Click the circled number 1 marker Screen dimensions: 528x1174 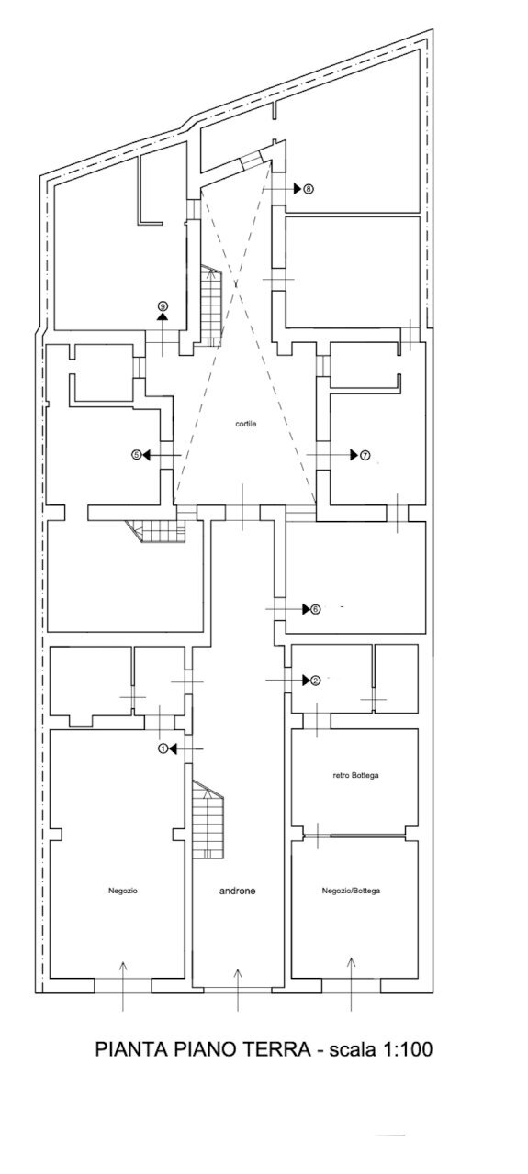coord(163,749)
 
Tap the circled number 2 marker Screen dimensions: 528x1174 coord(316,681)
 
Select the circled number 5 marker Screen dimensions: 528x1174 coord(136,455)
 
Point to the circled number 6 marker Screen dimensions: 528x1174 coord(316,609)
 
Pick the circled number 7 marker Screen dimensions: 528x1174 coord(365,456)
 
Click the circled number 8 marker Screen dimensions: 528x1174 coord(309,189)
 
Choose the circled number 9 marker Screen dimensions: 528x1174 coord(163,305)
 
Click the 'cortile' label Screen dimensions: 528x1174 coord(245,424)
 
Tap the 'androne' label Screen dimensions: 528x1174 coord(237,891)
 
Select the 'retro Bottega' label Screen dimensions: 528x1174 coord(355,776)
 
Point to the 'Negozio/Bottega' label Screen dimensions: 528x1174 coord(351,891)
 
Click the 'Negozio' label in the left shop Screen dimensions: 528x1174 coord(123,891)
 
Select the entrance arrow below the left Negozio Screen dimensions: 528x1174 coord(123,986)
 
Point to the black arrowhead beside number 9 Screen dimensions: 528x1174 coord(163,316)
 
